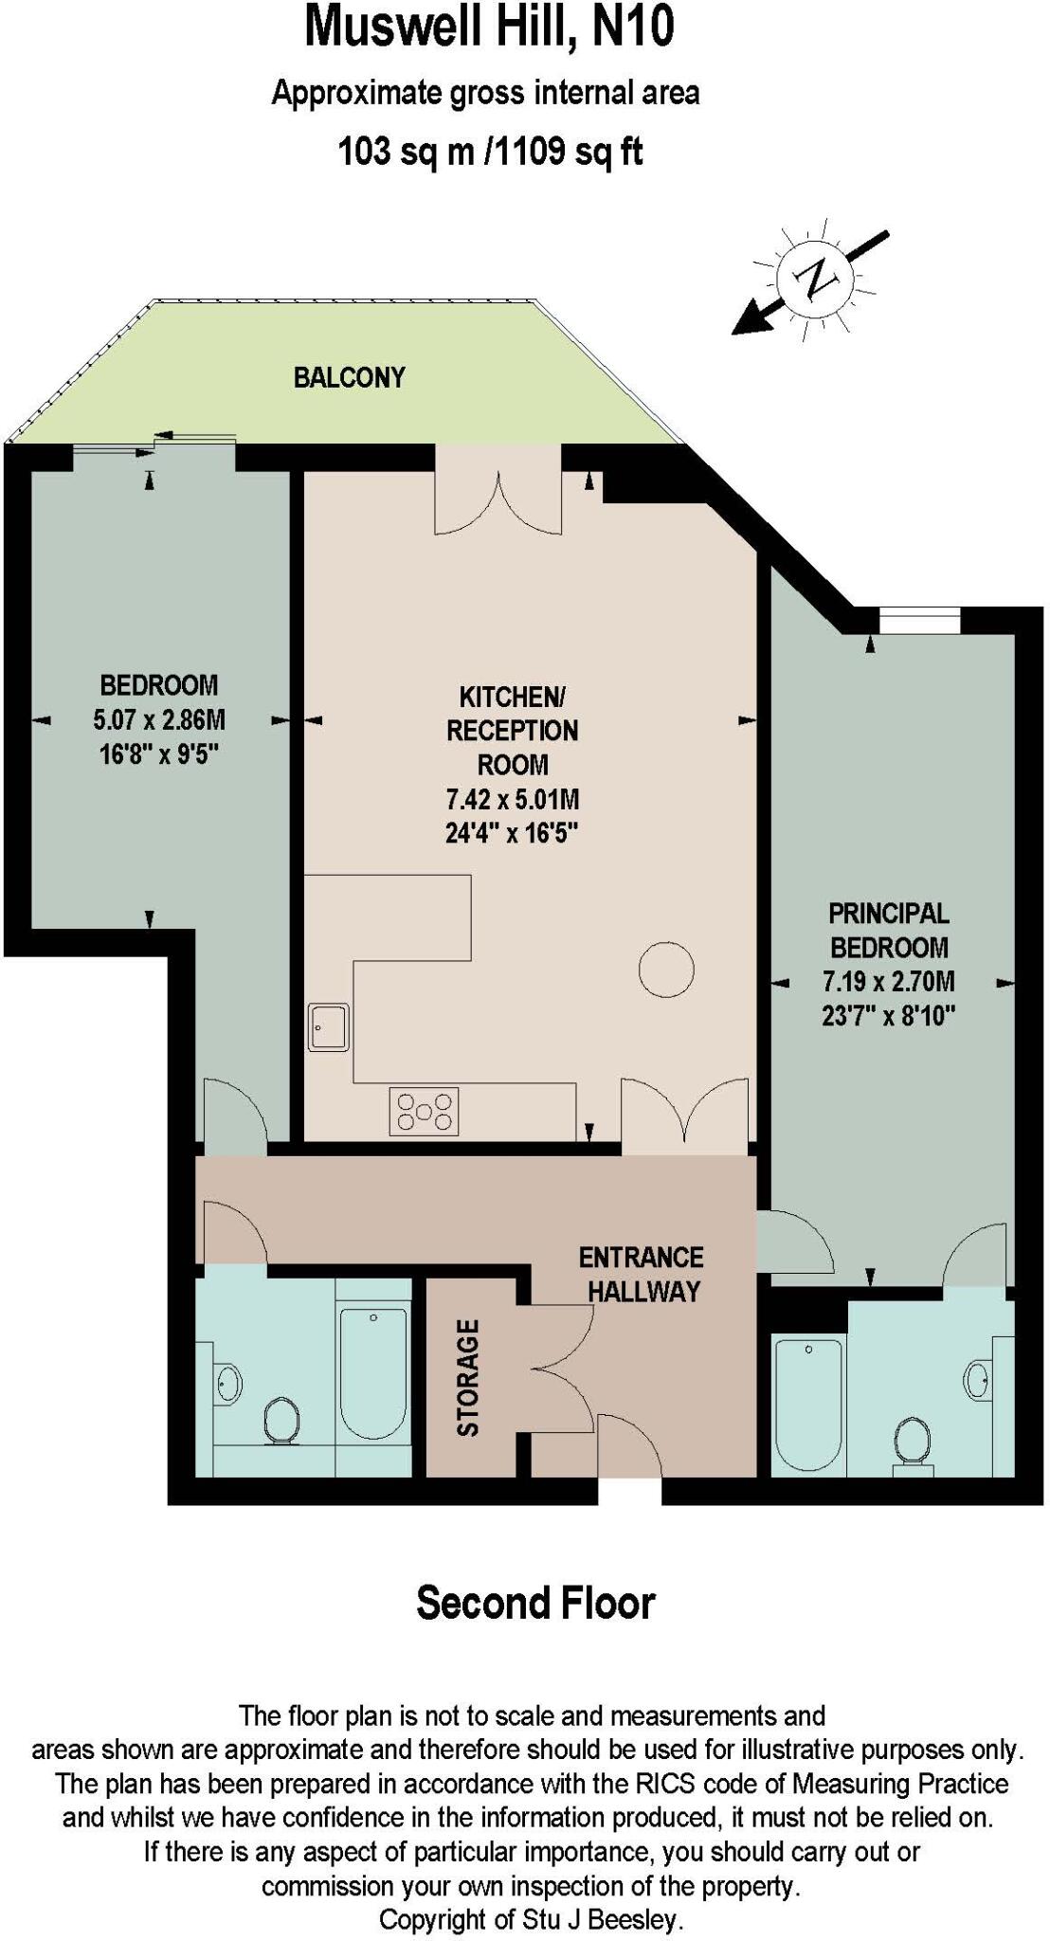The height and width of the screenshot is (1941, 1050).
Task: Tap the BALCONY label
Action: (349, 378)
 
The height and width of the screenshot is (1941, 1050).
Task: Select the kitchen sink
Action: (328, 1026)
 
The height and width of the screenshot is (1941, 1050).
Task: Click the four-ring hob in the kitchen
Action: (424, 1111)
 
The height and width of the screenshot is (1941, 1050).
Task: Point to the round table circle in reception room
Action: (666, 970)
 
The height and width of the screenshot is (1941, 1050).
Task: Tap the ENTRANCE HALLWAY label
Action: (642, 1274)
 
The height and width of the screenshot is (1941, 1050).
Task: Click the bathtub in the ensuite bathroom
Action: (808, 1403)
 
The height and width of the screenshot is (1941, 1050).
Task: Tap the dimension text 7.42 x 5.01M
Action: (512, 799)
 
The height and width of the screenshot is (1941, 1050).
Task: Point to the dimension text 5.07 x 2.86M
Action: (159, 719)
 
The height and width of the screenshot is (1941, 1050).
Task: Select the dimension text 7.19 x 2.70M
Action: (888, 981)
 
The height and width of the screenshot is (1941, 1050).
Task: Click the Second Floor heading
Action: (535, 1603)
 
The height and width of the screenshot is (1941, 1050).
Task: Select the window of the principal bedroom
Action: (918, 621)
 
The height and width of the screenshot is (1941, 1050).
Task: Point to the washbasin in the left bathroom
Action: (228, 1384)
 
